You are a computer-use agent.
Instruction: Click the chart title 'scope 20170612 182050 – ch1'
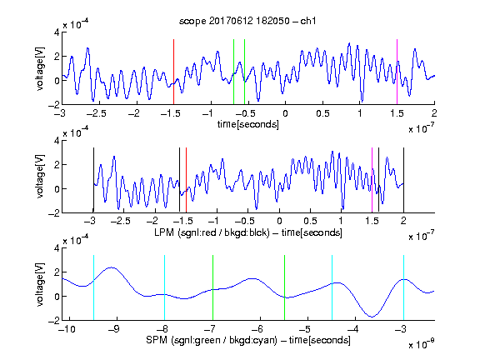[x=247, y=21]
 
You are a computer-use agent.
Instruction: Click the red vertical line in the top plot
[x=173, y=72]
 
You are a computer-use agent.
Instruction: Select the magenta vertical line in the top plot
[x=397, y=72]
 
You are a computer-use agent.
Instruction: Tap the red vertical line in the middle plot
[x=186, y=180]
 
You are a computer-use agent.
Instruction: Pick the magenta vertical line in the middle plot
[x=372, y=180]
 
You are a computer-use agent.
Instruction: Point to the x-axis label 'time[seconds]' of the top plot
[x=248, y=124]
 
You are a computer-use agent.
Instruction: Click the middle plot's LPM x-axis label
[x=248, y=232]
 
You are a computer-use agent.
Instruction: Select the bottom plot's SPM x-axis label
[x=248, y=340]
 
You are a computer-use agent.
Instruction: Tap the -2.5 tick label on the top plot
[x=96, y=113]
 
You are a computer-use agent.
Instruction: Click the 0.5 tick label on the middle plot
[x=310, y=222]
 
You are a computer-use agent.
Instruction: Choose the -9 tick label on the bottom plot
[x=114, y=329]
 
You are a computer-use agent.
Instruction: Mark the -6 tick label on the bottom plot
[x=257, y=329]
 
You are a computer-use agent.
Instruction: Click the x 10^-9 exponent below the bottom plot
[x=422, y=344]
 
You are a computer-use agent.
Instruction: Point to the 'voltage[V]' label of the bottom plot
[x=40, y=284]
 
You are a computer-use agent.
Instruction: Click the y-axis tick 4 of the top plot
[x=57, y=32]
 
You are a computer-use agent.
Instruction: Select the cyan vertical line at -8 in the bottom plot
[x=164, y=287]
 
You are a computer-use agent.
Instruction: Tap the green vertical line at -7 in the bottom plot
[x=212, y=287]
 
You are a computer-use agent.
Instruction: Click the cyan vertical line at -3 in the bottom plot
[x=403, y=287]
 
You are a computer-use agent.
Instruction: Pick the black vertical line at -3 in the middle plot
[x=93, y=180]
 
